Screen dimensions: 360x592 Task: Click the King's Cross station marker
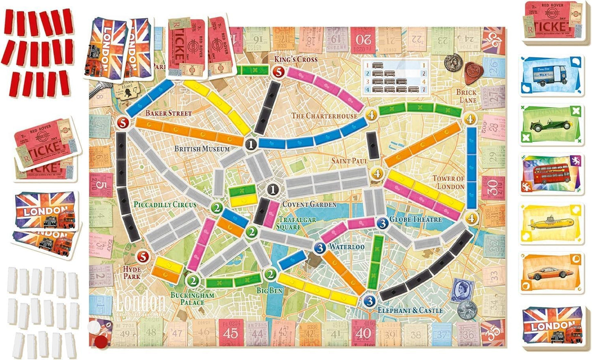(x=279, y=72)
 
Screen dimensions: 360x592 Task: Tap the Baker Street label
(x=168, y=113)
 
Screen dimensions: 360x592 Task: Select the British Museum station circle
(x=251, y=144)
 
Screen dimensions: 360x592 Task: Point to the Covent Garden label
(x=309, y=204)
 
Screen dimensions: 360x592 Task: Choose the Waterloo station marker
(x=320, y=247)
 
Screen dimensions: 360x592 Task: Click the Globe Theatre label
(x=415, y=220)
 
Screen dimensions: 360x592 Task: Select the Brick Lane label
(x=467, y=96)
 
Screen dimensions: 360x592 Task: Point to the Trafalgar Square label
(x=297, y=223)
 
